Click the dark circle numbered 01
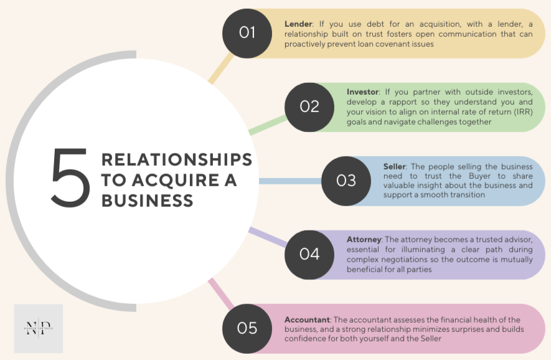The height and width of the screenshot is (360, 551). pos(247,32)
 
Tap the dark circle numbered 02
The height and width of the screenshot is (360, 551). pos(309,107)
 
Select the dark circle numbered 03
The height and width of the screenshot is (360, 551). pos(346,181)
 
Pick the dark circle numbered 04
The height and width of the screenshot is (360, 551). pos(309,254)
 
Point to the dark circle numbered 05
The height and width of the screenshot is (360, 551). pos(247,328)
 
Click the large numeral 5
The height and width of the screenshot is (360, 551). pos(70,179)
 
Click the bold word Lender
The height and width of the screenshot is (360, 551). pos(298,24)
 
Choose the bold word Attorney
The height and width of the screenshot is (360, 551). pos(365,239)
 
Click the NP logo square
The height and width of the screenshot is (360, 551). pos(39,329)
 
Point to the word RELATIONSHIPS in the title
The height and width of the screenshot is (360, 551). pos(177,159)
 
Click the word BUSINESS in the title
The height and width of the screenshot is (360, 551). pos(147,201)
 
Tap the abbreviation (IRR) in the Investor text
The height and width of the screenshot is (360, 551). pos(507,112)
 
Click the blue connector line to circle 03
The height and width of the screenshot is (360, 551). pos(290,181)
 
